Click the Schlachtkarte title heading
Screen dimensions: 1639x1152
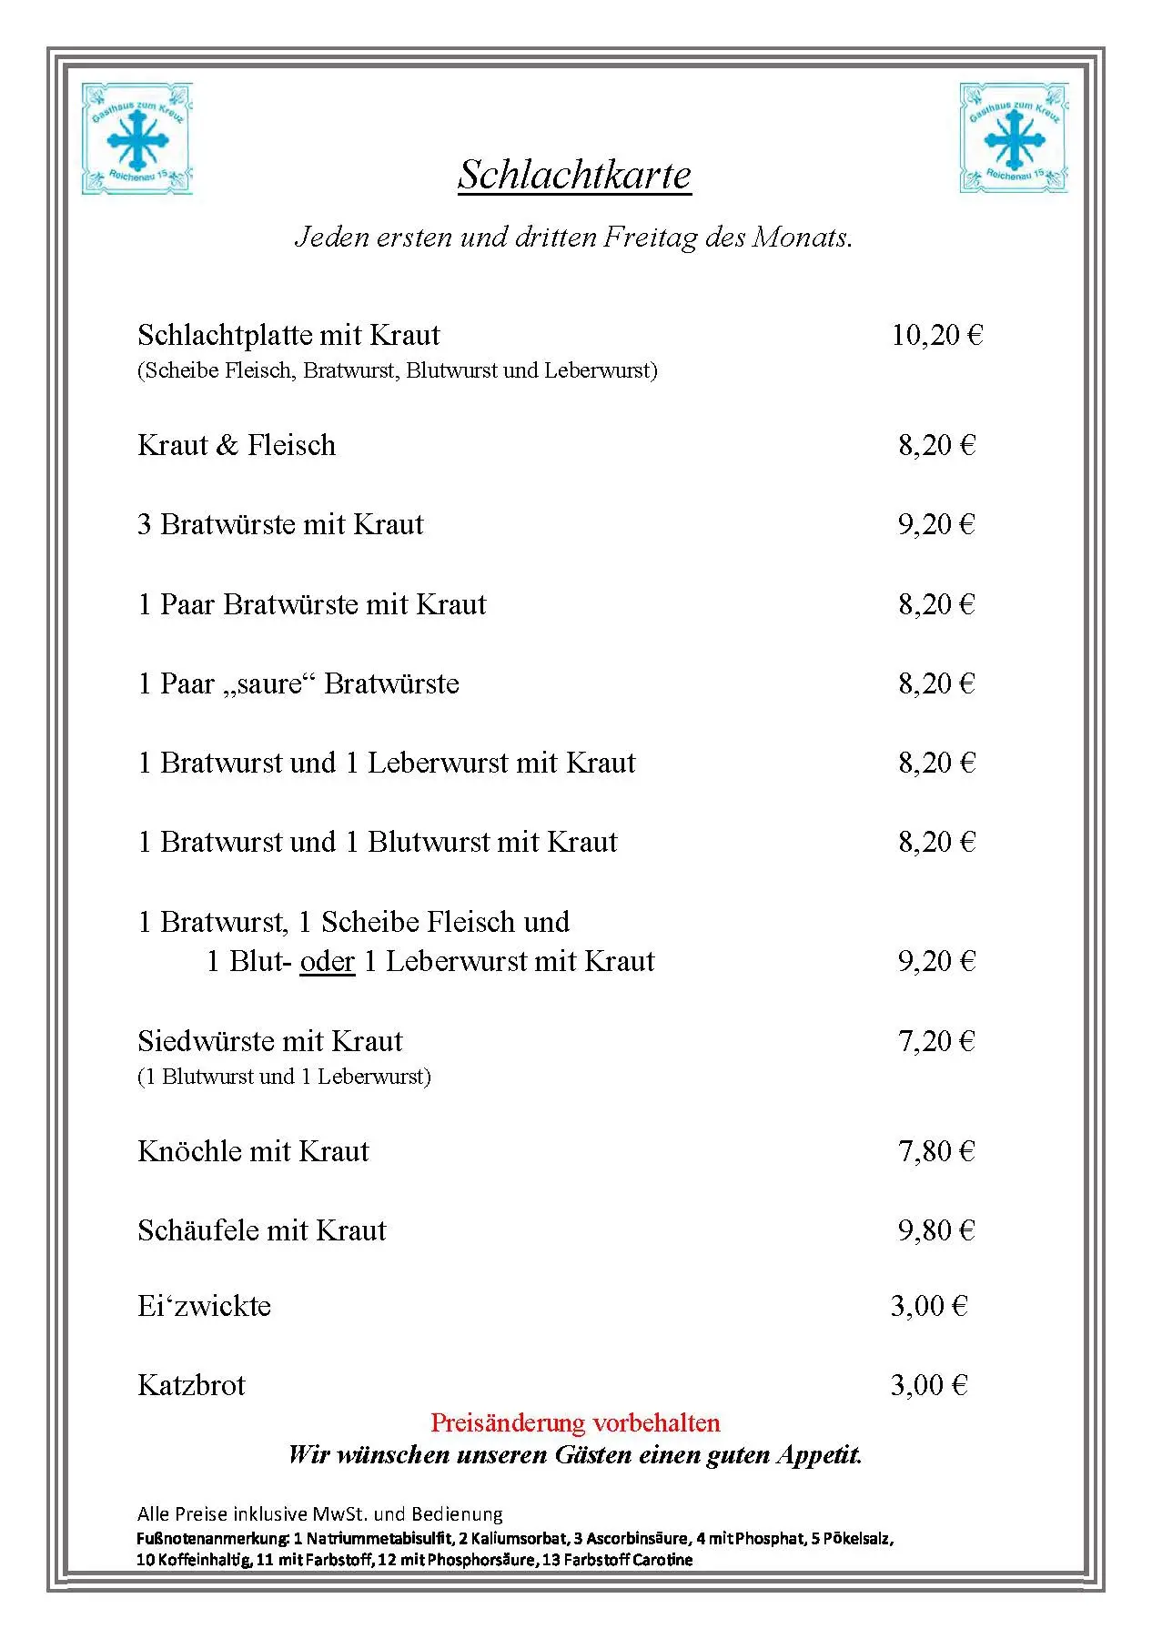point(574,175)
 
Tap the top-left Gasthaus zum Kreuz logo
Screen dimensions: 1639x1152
point(137,139)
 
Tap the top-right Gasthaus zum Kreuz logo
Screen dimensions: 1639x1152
point(1014,138)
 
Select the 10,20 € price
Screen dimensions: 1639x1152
point(936,336)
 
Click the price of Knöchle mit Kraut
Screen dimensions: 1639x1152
point(936,1152)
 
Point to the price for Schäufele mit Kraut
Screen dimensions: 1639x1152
point(936,1231)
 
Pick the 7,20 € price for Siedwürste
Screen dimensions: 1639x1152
point(936,1042)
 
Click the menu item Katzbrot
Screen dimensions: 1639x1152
point(191,1386)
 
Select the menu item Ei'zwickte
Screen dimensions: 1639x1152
point(204,1307)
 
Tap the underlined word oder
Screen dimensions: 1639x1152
point(327,962)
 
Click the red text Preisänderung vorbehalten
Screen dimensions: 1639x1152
point(575,1423)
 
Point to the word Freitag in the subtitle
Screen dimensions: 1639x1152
point(652,238)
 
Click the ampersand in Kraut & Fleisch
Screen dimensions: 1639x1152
point(227,446)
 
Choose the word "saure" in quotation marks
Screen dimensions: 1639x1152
point(268,684)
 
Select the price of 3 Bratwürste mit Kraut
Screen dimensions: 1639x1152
point(936,525)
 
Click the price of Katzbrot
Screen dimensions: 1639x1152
point(929,1386)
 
